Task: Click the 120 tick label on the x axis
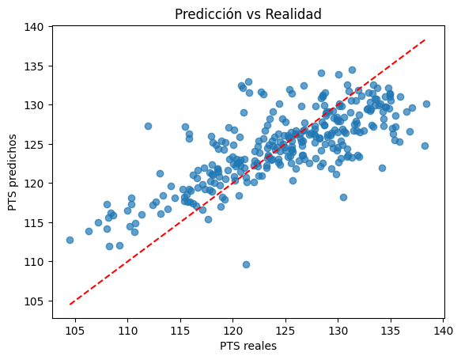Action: tap(232, 329)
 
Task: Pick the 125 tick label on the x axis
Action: tap(285, 329)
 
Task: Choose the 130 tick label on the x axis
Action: tap(338, 329)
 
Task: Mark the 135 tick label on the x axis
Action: tap(391, 329)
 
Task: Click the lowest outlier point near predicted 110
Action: tap(246, 264)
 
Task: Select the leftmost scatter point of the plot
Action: tap(70, 240)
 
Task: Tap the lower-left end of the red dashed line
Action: tap(70, 305)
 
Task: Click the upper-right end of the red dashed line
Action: tap(426, 39)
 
